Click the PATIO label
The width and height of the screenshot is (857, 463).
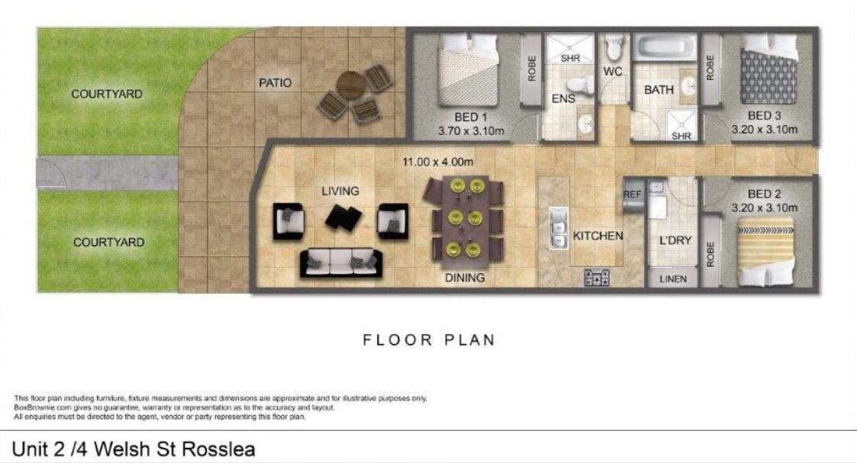click(x=275, y=83)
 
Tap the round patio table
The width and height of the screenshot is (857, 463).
click(x=352, y=85)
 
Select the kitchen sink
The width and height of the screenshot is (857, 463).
click(x=558, y=227)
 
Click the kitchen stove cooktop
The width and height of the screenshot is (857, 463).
click(x=597, y=278)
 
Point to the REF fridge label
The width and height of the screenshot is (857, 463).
click(x=632, y=195)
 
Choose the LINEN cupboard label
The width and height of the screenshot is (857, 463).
click(x=673, y=279)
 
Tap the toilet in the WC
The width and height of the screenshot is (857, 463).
click(x=615, y=47)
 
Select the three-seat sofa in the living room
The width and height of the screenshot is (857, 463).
click(x=341, y=263)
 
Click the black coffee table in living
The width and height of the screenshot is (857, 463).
click(x=343, y=218)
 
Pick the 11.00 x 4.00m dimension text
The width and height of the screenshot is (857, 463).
click(x=438, y=162)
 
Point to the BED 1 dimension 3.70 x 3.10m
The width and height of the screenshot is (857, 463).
click(x=471, y=131)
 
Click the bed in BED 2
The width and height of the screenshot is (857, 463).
click(x=765, y=252)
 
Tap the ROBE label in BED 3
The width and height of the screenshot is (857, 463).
click(x=710, y=68)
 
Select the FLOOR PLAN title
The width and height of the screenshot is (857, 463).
click(x=429, y=339)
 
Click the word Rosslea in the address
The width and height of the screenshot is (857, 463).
click(x=218, y=449)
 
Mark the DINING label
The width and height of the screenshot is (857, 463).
click(x=465, y=278)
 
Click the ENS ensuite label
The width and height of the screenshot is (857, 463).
click(x=563, y=99)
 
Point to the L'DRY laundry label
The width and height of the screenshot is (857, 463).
click(x=675, y=240)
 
